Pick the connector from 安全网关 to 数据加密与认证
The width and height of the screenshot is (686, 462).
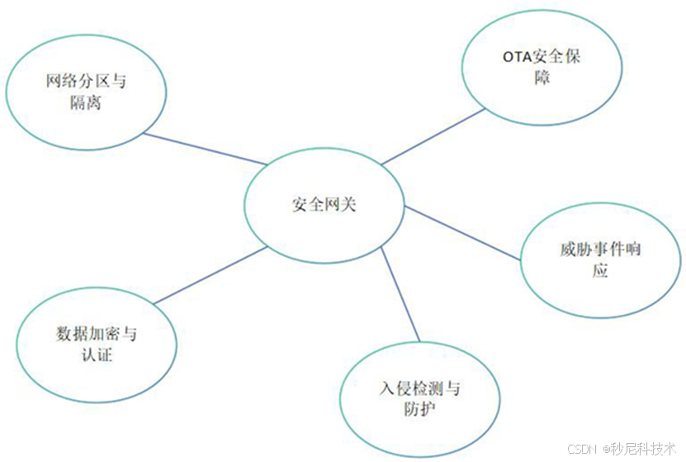tap(211, 274)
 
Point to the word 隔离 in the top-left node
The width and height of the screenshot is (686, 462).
tap(86, 106)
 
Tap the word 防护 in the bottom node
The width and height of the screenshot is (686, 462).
tap(420, 409)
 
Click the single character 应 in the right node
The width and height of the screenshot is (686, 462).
tap(600, 270)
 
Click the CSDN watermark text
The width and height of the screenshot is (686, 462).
tap(581, 447)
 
